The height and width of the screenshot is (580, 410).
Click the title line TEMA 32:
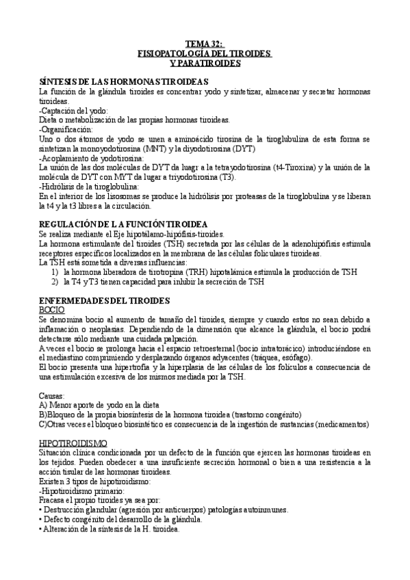pos(205,43)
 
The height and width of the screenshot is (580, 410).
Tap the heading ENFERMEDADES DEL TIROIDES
pos(105,300)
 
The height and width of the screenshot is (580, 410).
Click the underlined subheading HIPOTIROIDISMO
pos(73,443)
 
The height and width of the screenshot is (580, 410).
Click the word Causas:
pos(53,396)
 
